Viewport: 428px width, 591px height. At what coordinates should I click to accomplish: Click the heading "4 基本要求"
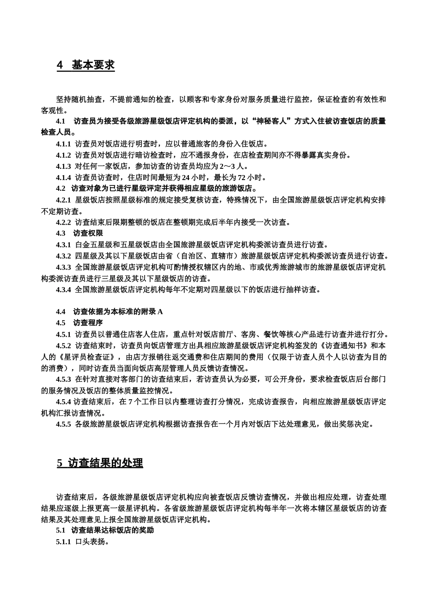click(86, 65)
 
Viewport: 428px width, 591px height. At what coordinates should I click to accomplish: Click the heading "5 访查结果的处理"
click(100, 463)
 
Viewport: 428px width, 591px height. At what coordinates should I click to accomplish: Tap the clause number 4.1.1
click(63, 144)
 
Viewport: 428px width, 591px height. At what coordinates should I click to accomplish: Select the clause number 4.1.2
click(63, 155)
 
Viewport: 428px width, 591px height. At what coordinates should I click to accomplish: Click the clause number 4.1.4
click(63, 177)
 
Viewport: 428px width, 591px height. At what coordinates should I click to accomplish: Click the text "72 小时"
click(251, 177)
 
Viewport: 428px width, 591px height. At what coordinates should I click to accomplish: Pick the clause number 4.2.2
click(63, 222)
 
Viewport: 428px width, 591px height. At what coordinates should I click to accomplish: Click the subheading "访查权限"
click(88, 234)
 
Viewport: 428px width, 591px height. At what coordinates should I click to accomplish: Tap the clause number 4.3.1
click(63, 245)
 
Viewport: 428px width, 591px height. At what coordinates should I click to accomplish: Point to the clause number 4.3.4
click(63, 290)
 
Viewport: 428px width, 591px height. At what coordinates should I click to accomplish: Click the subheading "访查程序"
click(88, 323)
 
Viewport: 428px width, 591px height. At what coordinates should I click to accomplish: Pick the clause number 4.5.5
click(63, 424)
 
